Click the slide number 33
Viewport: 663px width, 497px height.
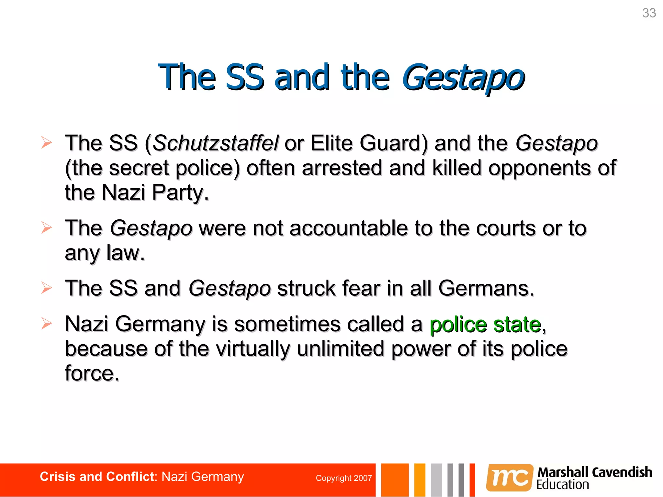tap(649, 13)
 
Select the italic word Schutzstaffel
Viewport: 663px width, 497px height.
tap(215, 143)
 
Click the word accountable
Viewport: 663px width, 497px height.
tap(348, 228)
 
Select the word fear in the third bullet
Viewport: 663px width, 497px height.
tap(361, 288)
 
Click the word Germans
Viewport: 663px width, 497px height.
tap(486, 288)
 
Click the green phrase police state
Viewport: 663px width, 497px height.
tap(485, 324)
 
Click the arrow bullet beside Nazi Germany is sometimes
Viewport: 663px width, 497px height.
tap(46, 324)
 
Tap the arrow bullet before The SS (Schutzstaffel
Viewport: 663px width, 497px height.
tap(46, 143)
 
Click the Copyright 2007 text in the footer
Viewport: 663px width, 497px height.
tap(344, 478)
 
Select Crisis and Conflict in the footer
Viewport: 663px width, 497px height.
tap(96, 477)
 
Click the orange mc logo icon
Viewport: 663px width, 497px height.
tap(509, 478)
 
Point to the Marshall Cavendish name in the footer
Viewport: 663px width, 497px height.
tap(594, 472)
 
